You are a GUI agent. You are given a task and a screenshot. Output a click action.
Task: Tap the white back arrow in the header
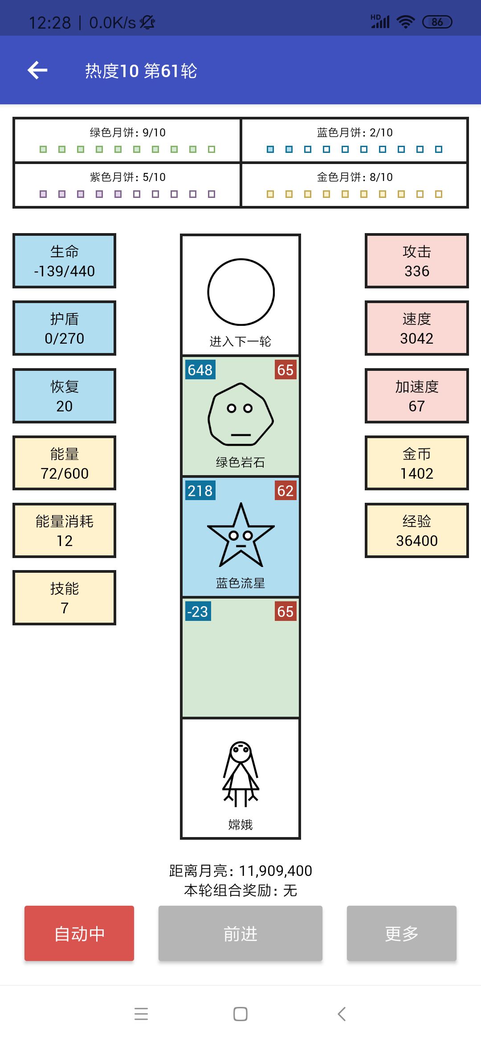[37, 70]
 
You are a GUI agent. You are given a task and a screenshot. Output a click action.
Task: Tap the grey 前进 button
[240, 933]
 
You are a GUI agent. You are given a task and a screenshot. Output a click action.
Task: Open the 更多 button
[402, 933]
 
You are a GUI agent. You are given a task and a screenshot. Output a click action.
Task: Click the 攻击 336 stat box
[417, 261]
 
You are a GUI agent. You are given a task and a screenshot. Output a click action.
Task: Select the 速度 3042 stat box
[417, 328]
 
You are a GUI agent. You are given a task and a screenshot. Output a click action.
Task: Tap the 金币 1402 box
[417, 463]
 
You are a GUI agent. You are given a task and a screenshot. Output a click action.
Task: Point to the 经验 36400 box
[417, 530]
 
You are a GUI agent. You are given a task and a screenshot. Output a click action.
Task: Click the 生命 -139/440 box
[65, 261]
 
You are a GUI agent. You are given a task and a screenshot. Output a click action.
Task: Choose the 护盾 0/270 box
[65, 328]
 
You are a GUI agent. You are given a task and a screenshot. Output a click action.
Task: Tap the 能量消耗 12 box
[65, 530]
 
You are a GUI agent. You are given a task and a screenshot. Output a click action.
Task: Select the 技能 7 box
[65, 598]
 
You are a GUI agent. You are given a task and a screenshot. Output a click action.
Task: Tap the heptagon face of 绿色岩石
[240, 414]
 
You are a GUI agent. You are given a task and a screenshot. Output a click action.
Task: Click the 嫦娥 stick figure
[240, 774]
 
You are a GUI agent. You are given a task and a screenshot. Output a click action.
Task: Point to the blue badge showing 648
[200, 370]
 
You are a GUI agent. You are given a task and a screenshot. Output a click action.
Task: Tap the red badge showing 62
[285, 490]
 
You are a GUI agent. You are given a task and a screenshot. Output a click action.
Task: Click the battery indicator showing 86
[437, 22]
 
